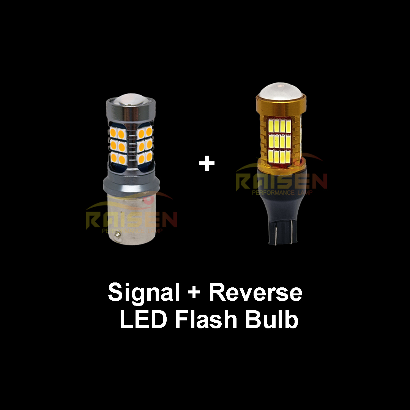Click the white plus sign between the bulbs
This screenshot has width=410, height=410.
[207, 164]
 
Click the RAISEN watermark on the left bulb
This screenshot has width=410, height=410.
[131, 219]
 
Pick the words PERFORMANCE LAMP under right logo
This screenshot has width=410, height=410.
[281, 192]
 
